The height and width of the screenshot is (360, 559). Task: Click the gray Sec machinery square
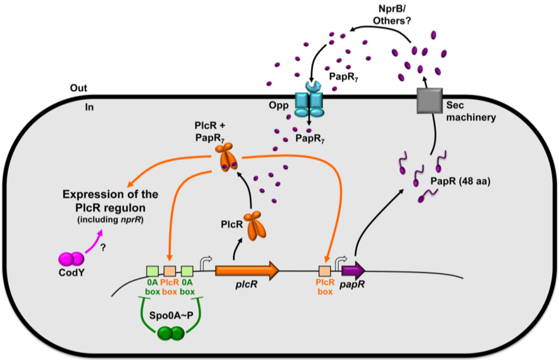click(x=430, y=101)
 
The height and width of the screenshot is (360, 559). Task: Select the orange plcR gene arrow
click(x=247, y=271)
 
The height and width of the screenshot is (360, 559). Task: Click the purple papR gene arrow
click(x=353, y=271)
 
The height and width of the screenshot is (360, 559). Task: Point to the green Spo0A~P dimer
click(x=171, y=333)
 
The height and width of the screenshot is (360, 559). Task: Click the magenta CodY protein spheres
click(x=72, y=259)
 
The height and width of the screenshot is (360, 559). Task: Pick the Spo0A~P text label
click(x=171, y=315)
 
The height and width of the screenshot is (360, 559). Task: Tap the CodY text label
click(x=72, y=273)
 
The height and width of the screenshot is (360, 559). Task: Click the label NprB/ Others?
click(x=392, y=15)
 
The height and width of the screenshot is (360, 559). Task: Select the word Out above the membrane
click(x=79, y=88)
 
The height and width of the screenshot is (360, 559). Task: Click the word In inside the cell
click(x=90, y=107)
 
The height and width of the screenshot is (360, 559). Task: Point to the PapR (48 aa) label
click(x=460, y=181)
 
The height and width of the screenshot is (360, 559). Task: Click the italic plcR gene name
click(x=246, y=285)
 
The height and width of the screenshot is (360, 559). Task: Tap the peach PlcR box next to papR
click(x=325, y=271)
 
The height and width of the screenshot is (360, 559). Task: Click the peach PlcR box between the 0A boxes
click(x=170, y=271)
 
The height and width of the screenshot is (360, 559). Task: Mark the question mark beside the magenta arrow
click(x=103, y=248)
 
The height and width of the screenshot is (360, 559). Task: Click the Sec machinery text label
click(x=471, y=111)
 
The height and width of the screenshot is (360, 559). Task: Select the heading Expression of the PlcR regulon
click(x=110, y=201)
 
